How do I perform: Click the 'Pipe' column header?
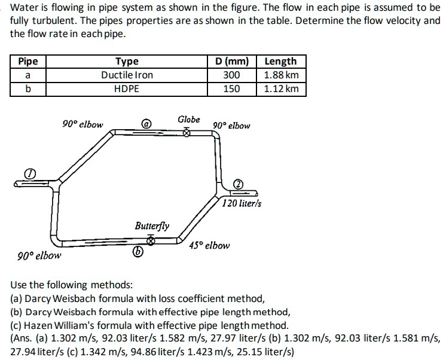point(28,61)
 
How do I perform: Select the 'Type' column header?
point(127,61)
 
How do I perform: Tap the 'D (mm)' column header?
point(231,61)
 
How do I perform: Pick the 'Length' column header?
point(280,61)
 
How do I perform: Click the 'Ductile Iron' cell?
point(127,75)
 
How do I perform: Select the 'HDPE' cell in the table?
point(127,89)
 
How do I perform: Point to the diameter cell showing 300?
point(231,75)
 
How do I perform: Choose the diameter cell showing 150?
point(231,89)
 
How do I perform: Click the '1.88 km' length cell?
point(281,75)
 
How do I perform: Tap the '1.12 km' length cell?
point(281,89)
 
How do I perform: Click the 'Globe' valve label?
point(189,120)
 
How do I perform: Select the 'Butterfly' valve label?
point(152,226)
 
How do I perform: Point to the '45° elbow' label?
point(209,246)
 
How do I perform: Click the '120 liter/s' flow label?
point(242,204)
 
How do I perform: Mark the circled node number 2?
point(237,184)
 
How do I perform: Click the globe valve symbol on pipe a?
point(187,133)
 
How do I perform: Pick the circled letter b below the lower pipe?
point(138,253)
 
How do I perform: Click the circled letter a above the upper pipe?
point(145,124)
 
